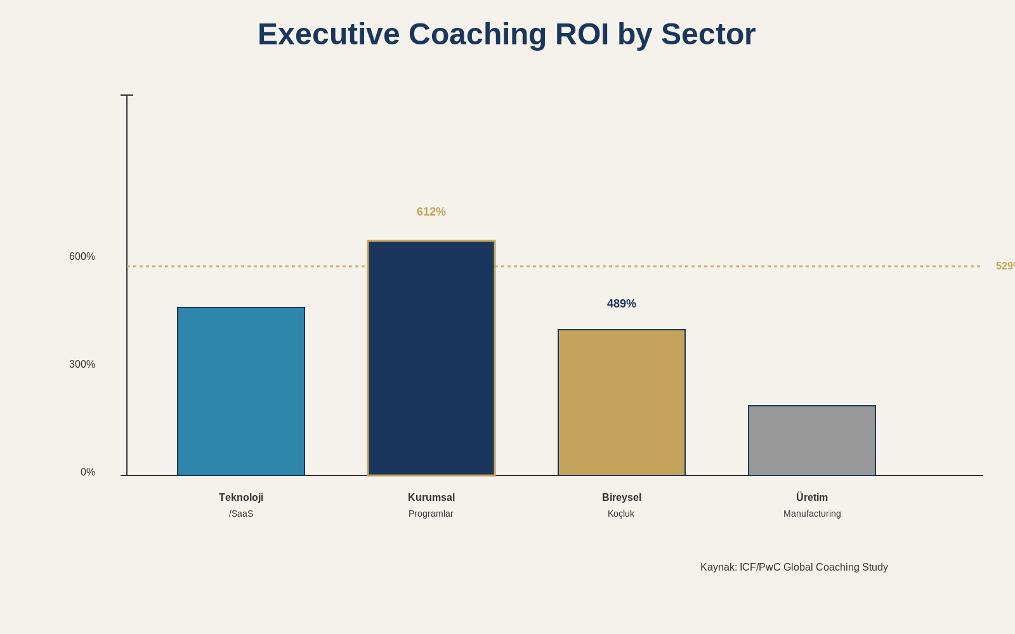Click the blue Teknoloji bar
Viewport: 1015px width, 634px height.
click(x=241, y=391)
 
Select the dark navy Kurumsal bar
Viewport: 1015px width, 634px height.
click(x=431, y=358)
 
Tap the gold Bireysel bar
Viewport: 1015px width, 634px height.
click(x=622, y=403)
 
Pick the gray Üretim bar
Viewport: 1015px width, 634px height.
click(x=812, y=441)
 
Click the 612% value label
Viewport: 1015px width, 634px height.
click(x=431, y=212)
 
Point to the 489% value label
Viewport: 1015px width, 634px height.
click(x=622, y=304)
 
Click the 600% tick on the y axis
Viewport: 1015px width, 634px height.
click(x=82, y=257)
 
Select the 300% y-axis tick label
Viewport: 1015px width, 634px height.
click(x=82, y=365)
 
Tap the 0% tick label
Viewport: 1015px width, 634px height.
click(x=88, y=472)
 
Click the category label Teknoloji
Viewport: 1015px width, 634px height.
click(x=241, y=498)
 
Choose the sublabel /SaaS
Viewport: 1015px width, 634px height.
click(x=241, y=514)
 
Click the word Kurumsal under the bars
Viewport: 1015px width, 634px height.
click(x=431, y=498)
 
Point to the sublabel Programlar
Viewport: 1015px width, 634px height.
click(x=431, y=514)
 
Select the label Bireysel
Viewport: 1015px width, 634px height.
click(x=622, y=498)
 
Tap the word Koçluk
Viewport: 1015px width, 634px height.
click(x=621, y=514)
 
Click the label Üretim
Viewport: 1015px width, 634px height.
click(x=812, y=498)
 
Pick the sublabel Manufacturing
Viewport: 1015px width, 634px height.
click(x=812, y=514)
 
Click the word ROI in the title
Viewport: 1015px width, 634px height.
click(x=582, y=34)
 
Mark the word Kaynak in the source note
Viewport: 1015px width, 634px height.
click(x=718, y=567)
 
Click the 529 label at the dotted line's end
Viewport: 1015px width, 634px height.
click(x=1005, y=266)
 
